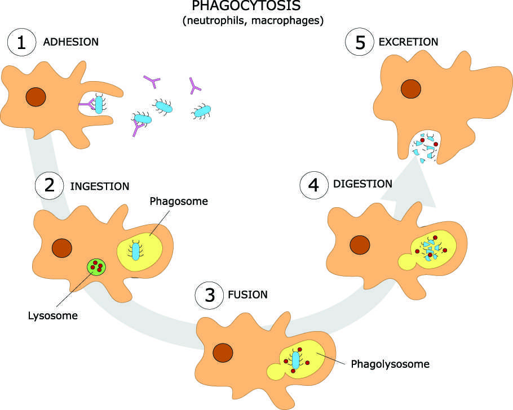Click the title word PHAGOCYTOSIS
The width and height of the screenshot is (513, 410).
click(246, 7)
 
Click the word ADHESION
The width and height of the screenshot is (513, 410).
click(70, 42)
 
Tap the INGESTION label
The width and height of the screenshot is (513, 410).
click(100, 186)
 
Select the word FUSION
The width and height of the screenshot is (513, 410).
click(248, 295)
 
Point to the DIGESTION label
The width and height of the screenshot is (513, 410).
click(362, 184)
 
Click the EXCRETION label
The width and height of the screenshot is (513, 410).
click(409, 42)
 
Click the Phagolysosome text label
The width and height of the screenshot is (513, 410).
click(390, 364)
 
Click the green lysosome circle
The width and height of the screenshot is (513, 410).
click(97, 266)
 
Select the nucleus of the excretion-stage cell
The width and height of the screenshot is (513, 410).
click(411, 88)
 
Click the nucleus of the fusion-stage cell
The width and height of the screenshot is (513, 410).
click(223, 353)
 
